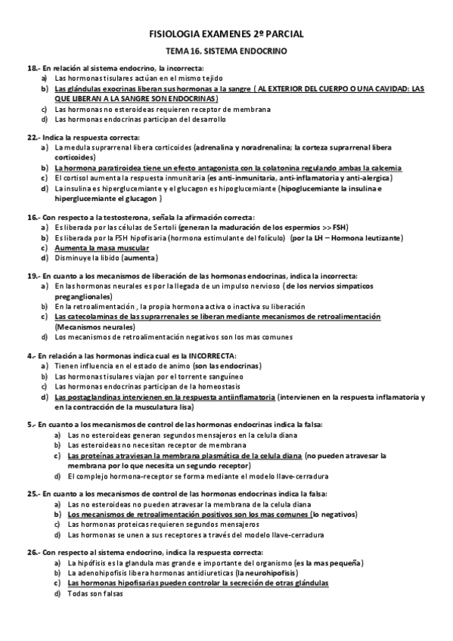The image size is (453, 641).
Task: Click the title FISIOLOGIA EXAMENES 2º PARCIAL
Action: pos(226,34)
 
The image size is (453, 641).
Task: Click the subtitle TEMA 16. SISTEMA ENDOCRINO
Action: pos(226,51)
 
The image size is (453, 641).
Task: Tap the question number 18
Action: pos(32,68)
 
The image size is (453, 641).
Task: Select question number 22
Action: pos(32,137)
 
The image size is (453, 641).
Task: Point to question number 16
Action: pos(32,217)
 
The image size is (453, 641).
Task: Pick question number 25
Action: pos(32,493)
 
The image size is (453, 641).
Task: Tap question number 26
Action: pos(32,553)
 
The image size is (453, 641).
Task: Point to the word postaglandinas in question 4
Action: pos(93,396)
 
